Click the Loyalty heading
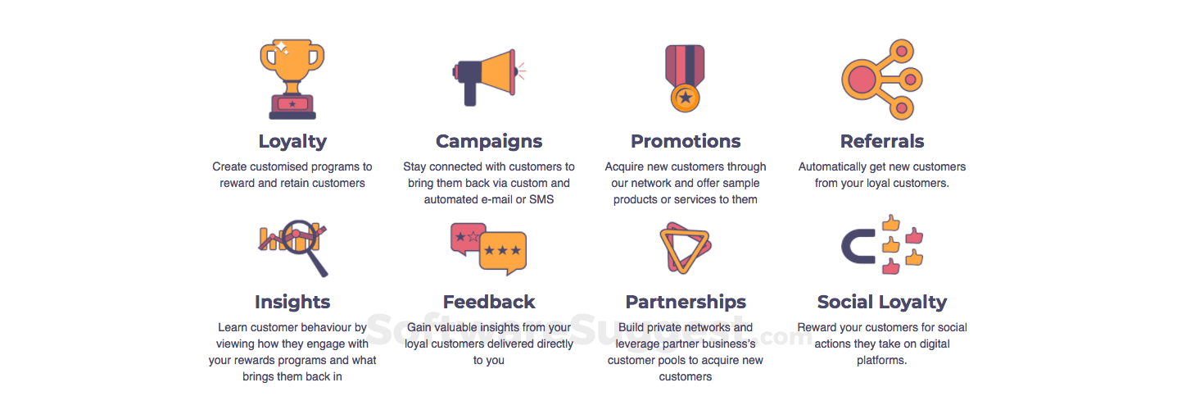[x=292, y=142]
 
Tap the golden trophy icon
[x=292, y=79]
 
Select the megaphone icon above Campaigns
[x=489, y=77]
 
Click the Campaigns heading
[x=489, y=142]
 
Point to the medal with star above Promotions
[x=685, y=79]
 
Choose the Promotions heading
[x=686, y=141]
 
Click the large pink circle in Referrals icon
[x=861, y=80]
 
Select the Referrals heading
[x=881, y=141]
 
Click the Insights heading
[x=292, y=302]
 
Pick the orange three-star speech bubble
[x=503, y=252]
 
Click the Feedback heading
[x=489, y=302]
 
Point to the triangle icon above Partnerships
[x=686, y=248]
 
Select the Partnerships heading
[x=686, y=302]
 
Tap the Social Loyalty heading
[x=881, y=302]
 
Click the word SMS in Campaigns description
[x=541, y=199]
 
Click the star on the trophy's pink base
[x=292, y=103]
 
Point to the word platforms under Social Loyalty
[x=881, y=361]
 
